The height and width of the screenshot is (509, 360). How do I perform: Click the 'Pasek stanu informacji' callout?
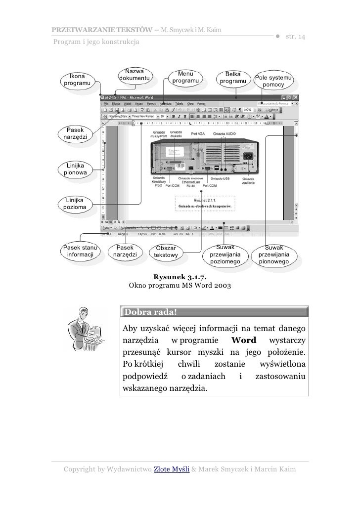point(80,251)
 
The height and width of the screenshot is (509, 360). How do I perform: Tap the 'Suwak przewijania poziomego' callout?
point(225,254)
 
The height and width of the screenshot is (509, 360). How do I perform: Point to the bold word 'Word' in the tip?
point(243,340)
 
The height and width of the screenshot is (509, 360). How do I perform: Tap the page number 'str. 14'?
point(295,38)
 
